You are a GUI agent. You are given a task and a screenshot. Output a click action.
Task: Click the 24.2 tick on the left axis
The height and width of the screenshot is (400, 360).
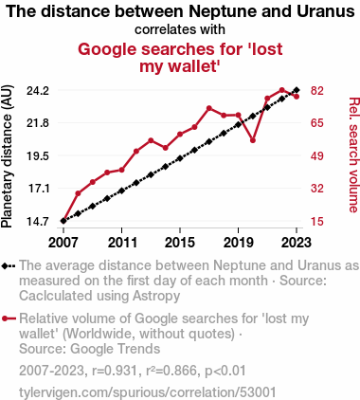(38, 91)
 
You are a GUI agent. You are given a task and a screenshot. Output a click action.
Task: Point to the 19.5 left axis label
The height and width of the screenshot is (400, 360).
(38, 155)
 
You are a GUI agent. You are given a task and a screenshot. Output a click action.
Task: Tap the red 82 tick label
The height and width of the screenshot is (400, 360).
(317, 91)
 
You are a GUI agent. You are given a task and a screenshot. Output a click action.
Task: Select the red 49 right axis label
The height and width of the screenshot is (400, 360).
(317, 155)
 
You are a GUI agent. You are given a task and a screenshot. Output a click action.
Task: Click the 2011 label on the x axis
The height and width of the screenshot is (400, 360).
(122, 243)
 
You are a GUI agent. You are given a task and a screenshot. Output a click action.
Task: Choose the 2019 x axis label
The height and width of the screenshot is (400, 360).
(239, 243)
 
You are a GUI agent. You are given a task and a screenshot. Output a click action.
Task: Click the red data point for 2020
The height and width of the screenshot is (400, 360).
(253, 140)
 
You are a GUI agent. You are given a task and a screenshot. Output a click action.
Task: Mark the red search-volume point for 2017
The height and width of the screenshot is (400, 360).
(209, 108)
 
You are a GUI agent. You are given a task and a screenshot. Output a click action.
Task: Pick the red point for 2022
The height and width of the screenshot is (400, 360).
(282, 90)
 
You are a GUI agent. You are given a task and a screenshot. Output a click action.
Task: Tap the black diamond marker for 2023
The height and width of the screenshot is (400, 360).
(297, 90)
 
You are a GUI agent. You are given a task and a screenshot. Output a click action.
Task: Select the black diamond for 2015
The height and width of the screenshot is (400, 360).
(180, 158)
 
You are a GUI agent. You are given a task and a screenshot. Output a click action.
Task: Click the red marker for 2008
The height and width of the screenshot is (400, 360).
(78, 193)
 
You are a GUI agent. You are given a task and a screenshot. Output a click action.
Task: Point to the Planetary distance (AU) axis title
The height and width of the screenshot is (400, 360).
(7, 156)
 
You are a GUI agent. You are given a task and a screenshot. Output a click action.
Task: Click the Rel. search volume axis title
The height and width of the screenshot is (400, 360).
(353, 155)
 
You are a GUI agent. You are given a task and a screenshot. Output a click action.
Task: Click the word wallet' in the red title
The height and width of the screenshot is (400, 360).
(197, 66)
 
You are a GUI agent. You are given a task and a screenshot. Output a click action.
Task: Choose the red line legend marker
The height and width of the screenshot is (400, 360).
(9, 318)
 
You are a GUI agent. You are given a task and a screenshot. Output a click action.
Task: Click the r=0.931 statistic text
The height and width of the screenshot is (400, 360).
(115, 371)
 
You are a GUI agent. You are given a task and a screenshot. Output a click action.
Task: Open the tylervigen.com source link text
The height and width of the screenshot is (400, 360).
(148, 392)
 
